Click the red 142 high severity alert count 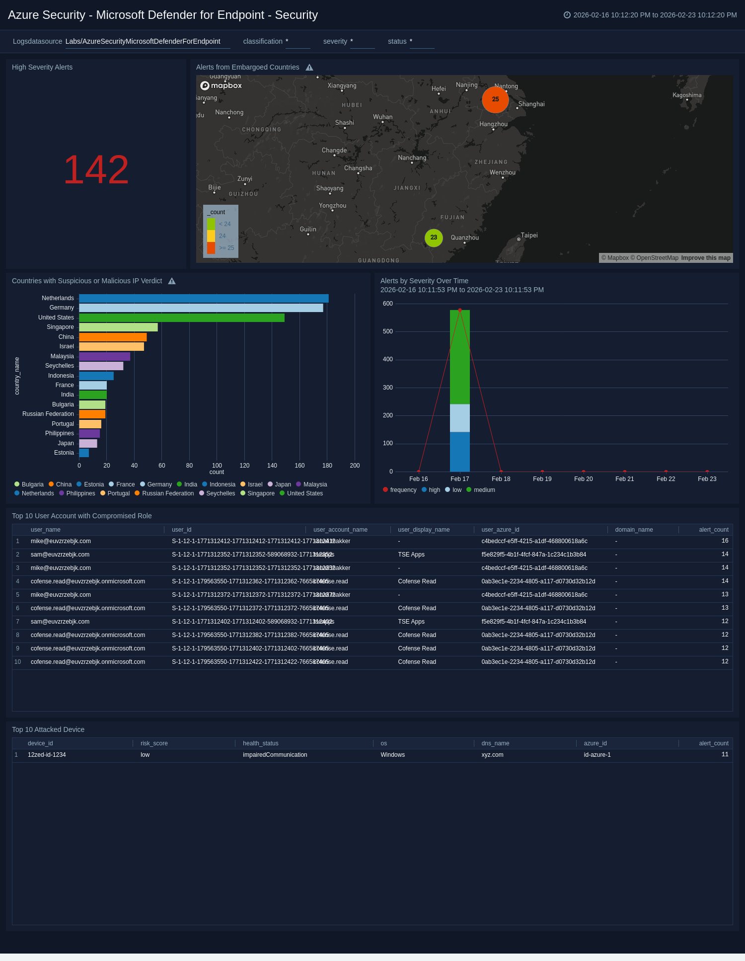pyautogui.click(x=96, y=170)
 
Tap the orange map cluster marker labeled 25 pyautogui.click(x=495, y=99)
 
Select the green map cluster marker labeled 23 pyautogui.click(x=434, y=238)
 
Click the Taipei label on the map pyautogui.click(x=529, y=236)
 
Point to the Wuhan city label pyautogui.click(x=382, y=117)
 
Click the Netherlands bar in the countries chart pyautogui.click(x=204, y=299)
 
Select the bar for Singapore pyautogui.click(x=118, y=327)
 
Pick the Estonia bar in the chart pyautogui.click(x=84, y=453)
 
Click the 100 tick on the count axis pyautogui.click(x=217, y=466)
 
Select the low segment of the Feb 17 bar pyautogui.click(x=459, y=418)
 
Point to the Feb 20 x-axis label pyautogui.click(x=583, y=479)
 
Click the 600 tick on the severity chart pyautogui.click(x=388, y=304)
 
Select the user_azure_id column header pyautogui.click(x=500, y=530)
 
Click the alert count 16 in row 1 pyautogui.click(x=725, y=541)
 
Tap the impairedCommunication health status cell pyautogui.click(x=275, y=755)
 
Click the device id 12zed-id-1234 pyautogui.click(x=47, y=755)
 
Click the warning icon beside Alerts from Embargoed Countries pyautogui.click(x=309, y=68)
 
